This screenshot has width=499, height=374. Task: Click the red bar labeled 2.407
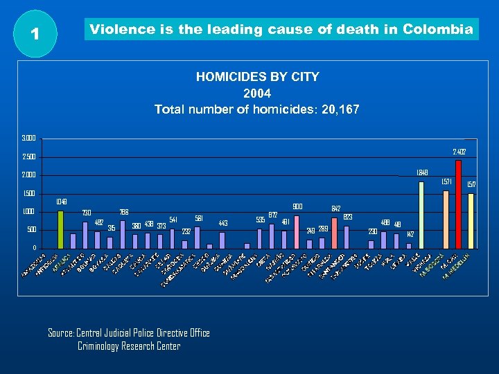tap(458, 204)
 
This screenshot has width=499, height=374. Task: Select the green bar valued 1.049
tap(60, 229)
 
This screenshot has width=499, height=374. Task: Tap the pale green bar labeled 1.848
tap(421, 214)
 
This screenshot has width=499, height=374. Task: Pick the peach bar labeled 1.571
tap(446, 219)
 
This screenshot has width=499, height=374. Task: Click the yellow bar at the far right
tap(471, 220)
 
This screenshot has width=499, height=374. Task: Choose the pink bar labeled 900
tap(297, 231)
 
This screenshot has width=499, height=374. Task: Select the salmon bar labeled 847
tap(334, 233)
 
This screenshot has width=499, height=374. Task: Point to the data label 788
tap(123, 212)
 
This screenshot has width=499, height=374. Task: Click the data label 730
tap(87, 213)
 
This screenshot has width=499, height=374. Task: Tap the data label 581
tap(198, 218)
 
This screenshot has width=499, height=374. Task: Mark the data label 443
tap(223, 223)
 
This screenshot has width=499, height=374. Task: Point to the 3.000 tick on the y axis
tap(29, 138)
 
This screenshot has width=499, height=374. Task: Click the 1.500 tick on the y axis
tap(29, 193)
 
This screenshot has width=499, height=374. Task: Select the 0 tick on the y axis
tap(34, 248)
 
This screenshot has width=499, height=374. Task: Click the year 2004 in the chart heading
tap(257, 93)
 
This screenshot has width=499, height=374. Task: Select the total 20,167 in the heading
tap(339, 109)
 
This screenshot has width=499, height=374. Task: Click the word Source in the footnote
tap(60, 333)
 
